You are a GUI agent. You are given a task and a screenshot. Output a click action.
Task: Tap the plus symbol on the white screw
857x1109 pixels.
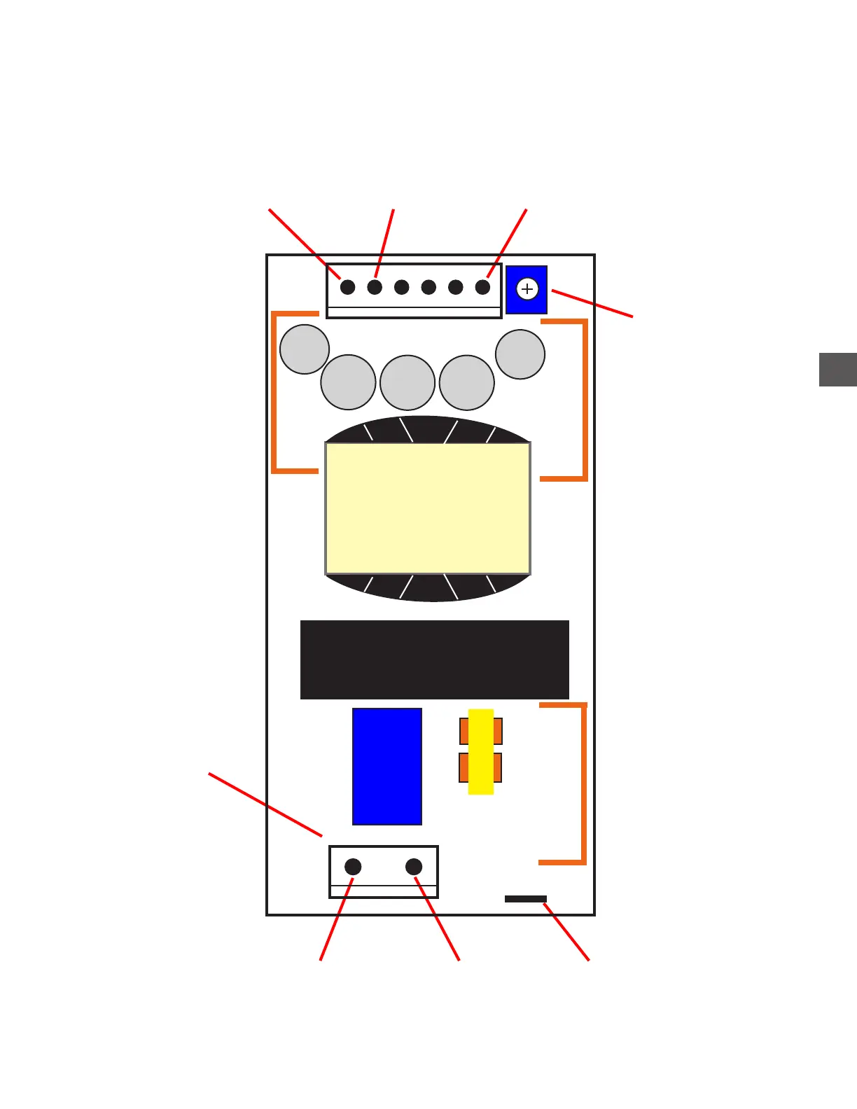[527, 289]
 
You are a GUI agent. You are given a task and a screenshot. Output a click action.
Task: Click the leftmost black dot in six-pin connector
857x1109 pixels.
[347, 287]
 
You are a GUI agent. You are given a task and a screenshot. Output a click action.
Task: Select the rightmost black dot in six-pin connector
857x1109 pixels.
[482, 287]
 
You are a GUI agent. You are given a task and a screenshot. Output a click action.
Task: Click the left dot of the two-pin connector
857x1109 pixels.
[353, 867]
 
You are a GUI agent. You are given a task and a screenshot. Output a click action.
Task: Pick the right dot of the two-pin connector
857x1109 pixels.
[414, 867]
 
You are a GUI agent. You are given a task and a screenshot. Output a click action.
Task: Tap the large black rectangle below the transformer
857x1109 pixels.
[434, 660]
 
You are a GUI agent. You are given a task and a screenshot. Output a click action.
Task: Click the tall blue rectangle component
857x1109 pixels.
[386, 766]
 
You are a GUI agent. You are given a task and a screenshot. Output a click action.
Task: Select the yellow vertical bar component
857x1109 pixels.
[481, 751]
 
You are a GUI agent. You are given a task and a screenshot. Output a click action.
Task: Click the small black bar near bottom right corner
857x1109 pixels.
[525, 899]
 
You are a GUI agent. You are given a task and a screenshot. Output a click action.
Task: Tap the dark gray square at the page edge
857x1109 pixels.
[837, 370]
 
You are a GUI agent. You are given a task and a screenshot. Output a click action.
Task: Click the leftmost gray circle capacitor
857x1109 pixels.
[305, 349]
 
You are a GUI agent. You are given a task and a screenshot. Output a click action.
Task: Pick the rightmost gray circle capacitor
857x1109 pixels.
[520, 354]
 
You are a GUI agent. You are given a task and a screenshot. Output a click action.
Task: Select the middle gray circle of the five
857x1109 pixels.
[407, 382]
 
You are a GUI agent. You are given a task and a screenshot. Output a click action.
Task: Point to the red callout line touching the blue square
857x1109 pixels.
[592, 304]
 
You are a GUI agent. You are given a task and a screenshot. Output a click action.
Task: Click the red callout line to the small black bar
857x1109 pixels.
[566, 932]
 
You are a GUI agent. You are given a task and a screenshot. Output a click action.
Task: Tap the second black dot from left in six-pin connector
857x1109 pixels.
[375, 287]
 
